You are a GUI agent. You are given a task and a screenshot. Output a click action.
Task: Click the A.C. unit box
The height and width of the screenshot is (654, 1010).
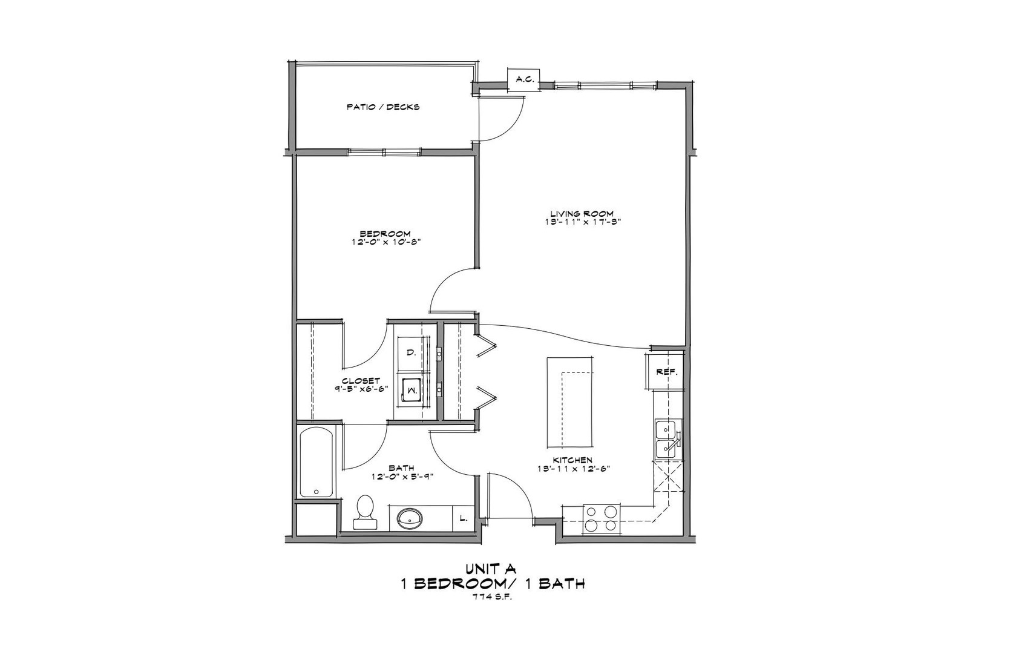tap(523, 79)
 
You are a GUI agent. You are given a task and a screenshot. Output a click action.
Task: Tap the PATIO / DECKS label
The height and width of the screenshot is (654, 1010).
tap(383, 107)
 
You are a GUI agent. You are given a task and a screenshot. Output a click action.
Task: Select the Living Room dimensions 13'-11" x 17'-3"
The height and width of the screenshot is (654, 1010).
tap(582, 222)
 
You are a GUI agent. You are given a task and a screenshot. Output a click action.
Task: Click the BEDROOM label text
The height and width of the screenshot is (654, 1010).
tap(385, 234)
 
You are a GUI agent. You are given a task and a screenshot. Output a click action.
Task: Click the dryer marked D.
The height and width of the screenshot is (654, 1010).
tap(412, 352)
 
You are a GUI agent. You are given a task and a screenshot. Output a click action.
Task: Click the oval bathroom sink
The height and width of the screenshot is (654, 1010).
tap(410, 518)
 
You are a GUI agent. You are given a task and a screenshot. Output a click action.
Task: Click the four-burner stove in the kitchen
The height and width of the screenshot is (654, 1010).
tap(602, 520)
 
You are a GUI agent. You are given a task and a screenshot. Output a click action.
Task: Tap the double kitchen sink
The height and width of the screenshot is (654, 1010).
tap(668, 439)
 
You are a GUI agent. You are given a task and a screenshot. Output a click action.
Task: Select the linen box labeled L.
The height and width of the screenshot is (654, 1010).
tap(464, 518)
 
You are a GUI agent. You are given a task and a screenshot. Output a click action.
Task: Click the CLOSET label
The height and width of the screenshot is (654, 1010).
tap(361, 381)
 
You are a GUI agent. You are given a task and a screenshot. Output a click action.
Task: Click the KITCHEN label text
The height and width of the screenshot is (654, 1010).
tap(572, 460)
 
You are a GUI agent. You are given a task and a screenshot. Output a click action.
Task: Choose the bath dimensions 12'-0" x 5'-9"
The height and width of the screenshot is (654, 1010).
tap(401, 477)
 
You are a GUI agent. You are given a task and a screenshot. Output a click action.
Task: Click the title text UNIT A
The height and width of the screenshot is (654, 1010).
tap(490, 569)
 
